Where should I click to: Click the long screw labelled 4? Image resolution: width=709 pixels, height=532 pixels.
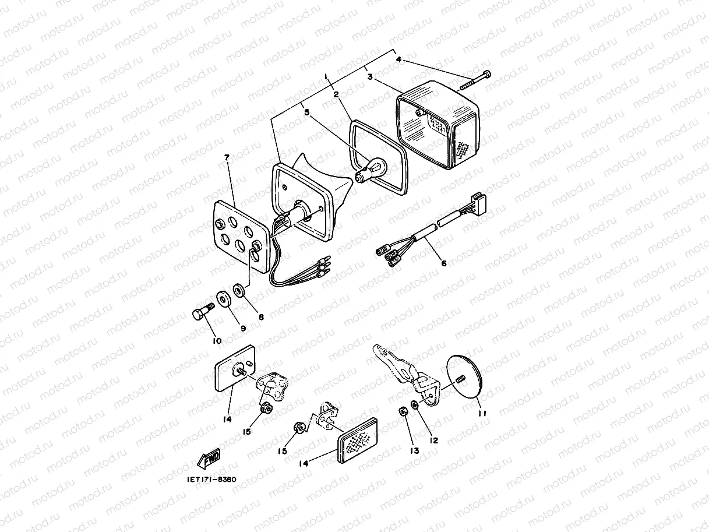tap(474, 80)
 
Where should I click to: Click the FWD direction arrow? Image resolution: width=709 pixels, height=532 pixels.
tap(209, 459)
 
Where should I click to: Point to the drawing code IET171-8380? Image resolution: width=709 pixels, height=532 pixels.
tap(211, 480)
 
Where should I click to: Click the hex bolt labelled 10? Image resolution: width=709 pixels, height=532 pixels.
tap(204, 311)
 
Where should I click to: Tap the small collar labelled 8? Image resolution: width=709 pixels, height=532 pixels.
tap(239, 290)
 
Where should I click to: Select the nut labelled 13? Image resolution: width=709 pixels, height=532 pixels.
tap(403, 411)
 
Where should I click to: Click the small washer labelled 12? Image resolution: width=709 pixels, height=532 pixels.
tap(414, 404)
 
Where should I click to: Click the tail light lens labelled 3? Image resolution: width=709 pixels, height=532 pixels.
tap(438, 125)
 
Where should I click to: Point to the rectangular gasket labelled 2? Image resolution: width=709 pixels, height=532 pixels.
tap(378, 157)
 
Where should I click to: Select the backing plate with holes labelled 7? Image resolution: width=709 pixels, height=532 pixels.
tap(242, 236)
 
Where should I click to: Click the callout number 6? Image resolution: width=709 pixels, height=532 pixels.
tap(444, 263)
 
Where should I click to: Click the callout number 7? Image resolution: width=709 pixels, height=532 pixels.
tap(227, 157)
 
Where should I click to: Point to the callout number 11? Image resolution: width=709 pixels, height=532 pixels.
tap(482, 413)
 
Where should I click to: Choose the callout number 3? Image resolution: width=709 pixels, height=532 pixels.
tap(370, 76)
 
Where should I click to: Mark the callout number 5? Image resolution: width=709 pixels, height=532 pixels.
tap(306, 112)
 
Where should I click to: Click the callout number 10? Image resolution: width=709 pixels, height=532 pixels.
tap(217, 341)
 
